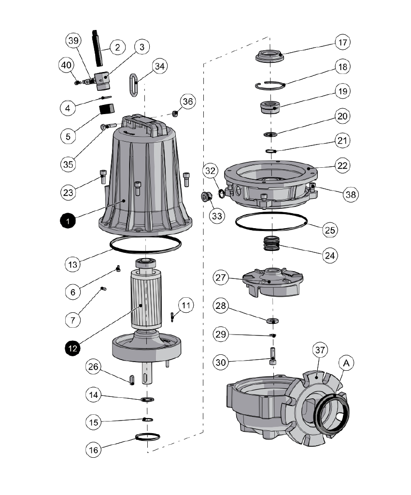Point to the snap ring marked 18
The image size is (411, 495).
270,86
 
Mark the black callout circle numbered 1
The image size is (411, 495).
68,221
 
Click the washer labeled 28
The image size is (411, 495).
272,320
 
